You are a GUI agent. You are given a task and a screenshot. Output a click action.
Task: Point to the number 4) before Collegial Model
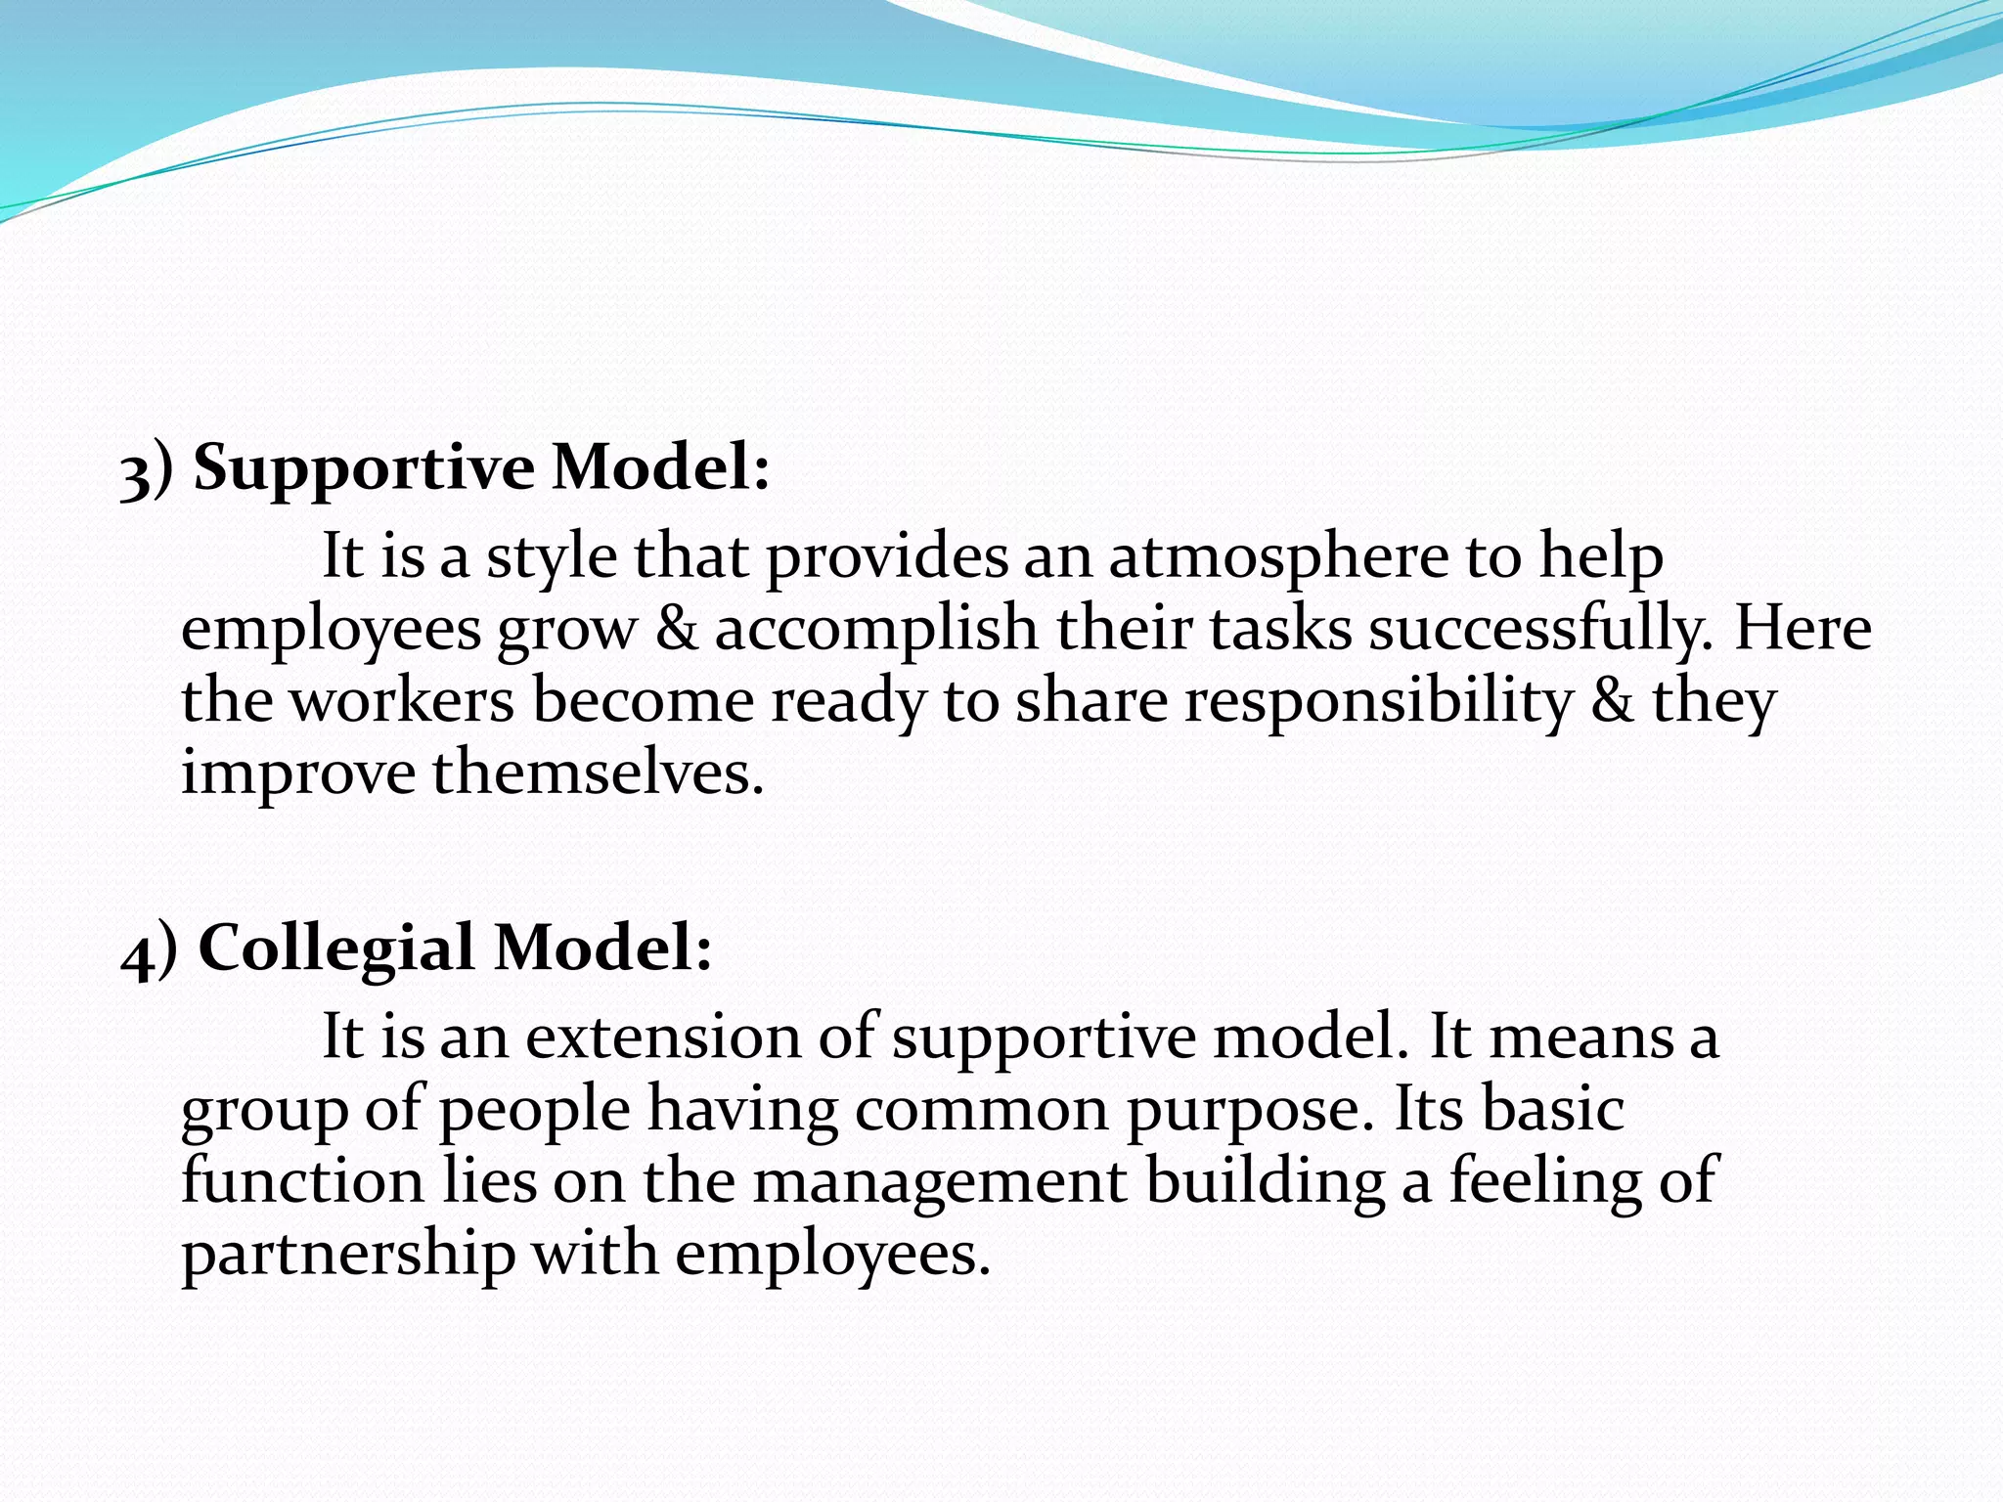click(149, 951)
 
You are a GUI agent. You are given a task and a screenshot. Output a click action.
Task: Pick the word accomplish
click(876, 629)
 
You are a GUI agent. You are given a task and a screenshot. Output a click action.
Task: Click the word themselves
click(598, 773)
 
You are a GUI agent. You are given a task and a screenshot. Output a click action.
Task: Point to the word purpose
click(1243, 1110)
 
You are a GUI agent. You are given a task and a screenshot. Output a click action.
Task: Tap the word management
click(940, 1181)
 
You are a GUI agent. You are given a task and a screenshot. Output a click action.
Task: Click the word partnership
click(348, 1255)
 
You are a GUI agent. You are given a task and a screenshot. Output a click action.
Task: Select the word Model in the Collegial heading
click(602, 949)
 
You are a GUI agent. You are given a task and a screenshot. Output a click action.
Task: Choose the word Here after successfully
click(1803, 629)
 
